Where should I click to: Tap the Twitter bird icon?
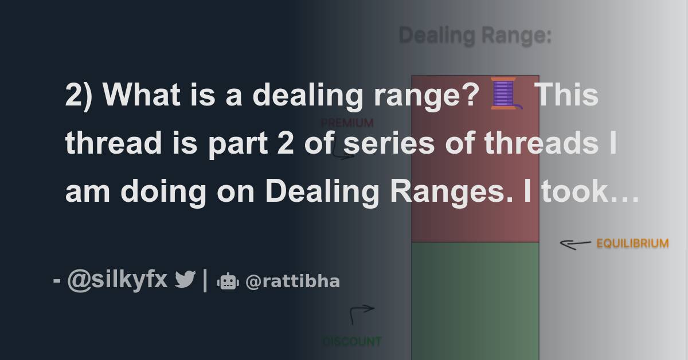pyautogui.click(x=185, y=280)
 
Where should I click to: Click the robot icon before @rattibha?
pyautogui.click(x=228, y=281)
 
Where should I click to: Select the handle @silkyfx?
pyautogui.click(x=117, y=280)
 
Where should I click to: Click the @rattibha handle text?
pyautogui.click(x=292, y=281)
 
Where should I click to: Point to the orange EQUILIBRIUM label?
pyautogui.click(x=632, y=244)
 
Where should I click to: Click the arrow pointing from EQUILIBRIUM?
pyautogui.click(x=575, y=244)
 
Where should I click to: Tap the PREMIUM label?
pyautogui.click(x=347, y=123)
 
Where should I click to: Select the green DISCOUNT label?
pyautogui.click(x=351, y=342)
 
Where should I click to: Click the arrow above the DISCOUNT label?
pyautogui.click(x=361, y=313)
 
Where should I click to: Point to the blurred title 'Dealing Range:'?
pyautogui.click(x=475, y=36)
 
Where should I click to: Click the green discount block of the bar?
pyautogui.click(x=475, y=298)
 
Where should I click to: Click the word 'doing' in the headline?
pyautogui.click(x=163, y=192)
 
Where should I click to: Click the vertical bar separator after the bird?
pyautogui.click(x=205, y=280)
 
